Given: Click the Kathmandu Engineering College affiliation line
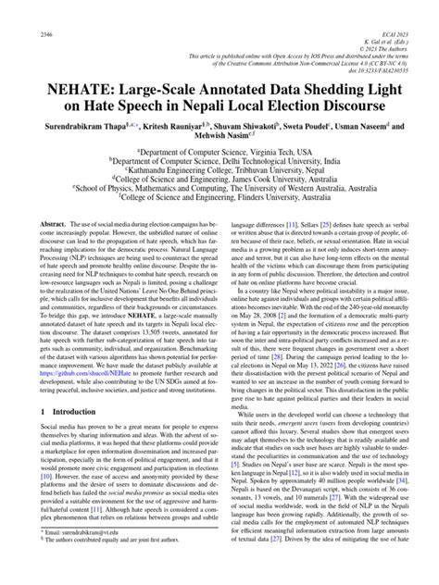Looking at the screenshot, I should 219,169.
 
